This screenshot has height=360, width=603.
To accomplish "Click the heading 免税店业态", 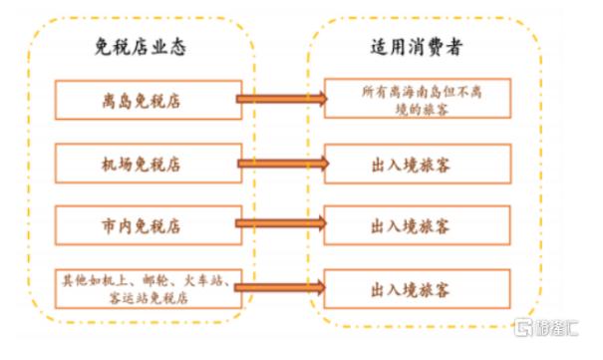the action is pos(141,47).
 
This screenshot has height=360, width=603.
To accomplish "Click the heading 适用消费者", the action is pos(416,47).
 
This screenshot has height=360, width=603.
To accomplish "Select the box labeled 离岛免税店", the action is pos(149,100).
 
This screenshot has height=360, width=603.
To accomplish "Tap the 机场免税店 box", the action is pos(149,164).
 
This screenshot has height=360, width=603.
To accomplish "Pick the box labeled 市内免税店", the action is pos(149,225).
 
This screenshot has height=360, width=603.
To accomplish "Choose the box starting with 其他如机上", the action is pos(149,289).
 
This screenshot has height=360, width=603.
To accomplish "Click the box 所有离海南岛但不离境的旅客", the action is pos(418,98).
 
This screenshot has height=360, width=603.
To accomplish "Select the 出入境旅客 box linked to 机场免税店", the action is pos(418,164).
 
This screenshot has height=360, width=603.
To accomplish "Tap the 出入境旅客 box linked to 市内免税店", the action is pos(418,225).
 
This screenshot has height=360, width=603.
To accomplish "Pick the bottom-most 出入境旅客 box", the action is pos(418,289).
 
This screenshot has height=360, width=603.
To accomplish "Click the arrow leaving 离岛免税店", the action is pos(281,99).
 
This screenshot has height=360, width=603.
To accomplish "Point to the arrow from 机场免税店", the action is pos(283,164).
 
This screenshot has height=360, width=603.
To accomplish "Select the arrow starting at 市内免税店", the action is pos(281,223).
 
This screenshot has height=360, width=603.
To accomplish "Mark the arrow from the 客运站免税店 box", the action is pos(280,287).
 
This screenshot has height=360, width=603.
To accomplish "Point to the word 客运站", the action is pos(128,298).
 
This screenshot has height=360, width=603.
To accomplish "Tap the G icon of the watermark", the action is pos(523,327).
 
